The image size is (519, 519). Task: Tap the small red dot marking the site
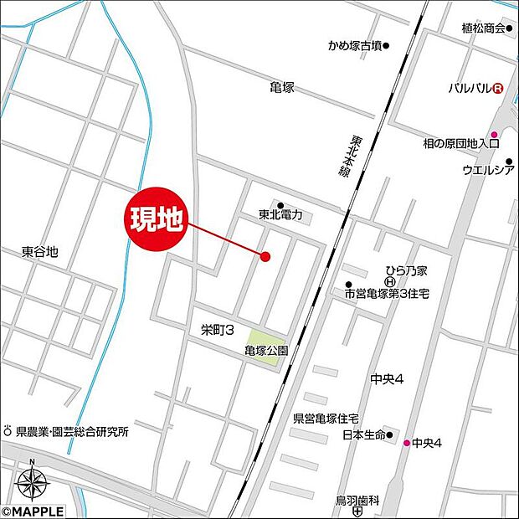[x=265, y=257]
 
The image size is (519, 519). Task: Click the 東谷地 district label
[x=40, y=251]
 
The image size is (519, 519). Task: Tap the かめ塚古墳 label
[x=356, y=46]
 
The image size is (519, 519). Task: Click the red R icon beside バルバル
[x=498, y=88]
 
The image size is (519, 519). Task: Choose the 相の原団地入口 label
[x=460, y=144]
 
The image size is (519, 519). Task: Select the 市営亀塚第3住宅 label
[x=386, y=294]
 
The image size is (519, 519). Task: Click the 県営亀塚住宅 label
[x=326, y=418]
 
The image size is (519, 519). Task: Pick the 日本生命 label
[x=362, y=435]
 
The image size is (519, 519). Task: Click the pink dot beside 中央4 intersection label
[x=408, y=443]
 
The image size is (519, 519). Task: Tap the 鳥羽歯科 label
[x=357, y=500]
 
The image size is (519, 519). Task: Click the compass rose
[x=32, y=483]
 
